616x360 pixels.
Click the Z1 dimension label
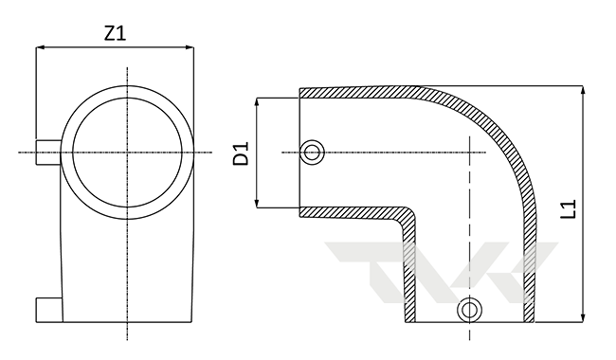[x=115, y=33]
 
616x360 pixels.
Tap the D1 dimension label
[x=242, y=153]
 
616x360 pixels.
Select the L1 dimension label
[x=568, y=208]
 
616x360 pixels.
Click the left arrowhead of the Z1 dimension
[x=41, y=47]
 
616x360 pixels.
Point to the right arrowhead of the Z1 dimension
[x=189, y=47]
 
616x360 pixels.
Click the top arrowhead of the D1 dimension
[x=258, y=102]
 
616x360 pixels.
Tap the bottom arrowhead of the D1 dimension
[x=258, y=203]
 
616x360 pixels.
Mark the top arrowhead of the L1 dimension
[x=583, y=90]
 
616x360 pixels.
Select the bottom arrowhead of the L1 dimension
[x=583, y=317]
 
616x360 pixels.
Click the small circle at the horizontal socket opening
[x=312, y=152]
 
